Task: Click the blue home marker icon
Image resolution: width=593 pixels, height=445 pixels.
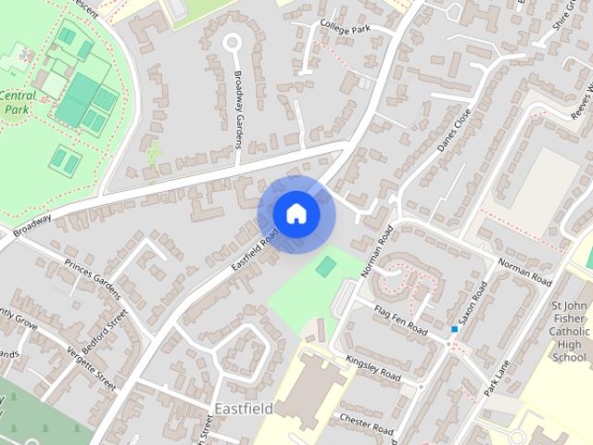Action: click(x=296, y=214)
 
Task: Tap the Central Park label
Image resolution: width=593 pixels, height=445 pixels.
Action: click(x=19, y=102)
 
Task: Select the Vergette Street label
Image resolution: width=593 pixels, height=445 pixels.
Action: click(x=92, y=369)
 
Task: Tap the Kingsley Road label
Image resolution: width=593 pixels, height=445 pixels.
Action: click(x=372, y=367)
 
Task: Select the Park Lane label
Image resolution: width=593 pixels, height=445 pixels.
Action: click(x=498, y=377)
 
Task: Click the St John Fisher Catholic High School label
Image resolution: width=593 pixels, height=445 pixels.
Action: click(x=569, y=332)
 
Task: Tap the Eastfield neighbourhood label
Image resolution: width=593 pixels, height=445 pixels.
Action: click(x=243, y=408)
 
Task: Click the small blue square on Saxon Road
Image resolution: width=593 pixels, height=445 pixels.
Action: click(x=454, y=329)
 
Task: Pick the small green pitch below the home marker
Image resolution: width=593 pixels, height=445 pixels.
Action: click(x=325, y=267)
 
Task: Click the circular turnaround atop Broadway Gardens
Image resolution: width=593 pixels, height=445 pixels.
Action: click(x=231, y=42)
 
